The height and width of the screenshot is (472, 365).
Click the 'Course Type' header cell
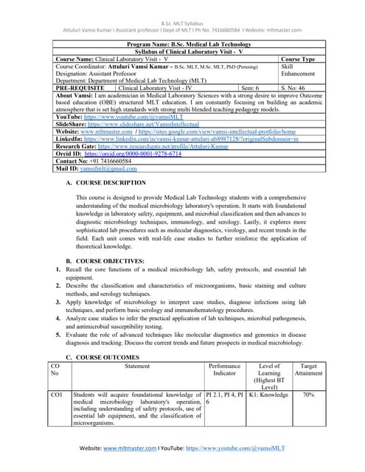coord(298,59)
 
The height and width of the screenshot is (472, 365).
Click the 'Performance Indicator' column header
coord(224,369)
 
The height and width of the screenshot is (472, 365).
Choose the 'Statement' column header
coord(137,366)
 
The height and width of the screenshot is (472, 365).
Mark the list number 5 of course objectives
coord(58,334)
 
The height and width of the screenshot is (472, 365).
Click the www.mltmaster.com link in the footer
coord(129,448)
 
